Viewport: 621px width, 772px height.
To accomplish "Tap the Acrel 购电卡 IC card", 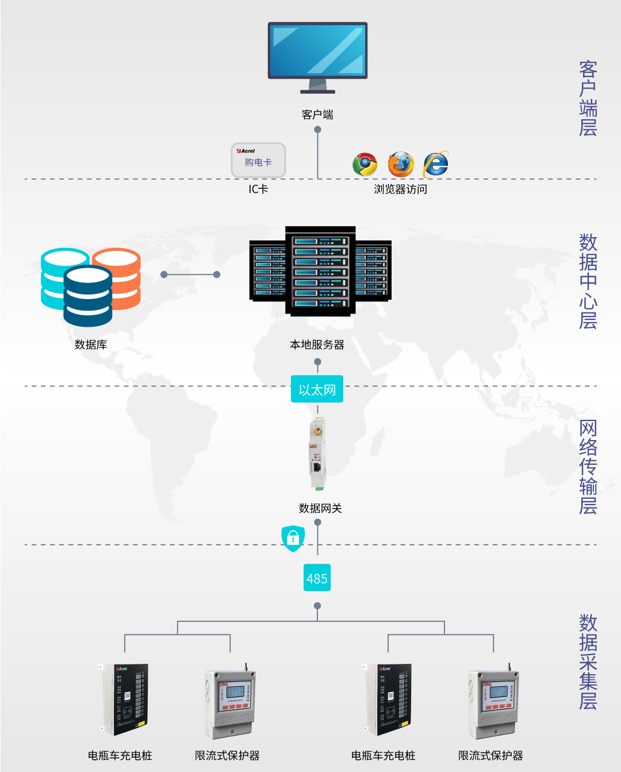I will [258, 160].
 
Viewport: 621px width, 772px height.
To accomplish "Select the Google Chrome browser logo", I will [365, 165].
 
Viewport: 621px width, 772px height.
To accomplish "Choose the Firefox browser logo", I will [401, 165].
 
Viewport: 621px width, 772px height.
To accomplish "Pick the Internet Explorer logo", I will [436, 165].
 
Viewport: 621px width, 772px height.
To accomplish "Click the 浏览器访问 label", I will [400, 189].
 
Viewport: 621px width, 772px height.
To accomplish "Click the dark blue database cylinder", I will [88, 297].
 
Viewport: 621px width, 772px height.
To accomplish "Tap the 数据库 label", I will [91, 345].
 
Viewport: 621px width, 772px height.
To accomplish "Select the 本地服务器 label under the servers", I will [317, 345].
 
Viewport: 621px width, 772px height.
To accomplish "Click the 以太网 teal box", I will [317, 389].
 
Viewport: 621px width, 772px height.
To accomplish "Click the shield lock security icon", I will [293, 538].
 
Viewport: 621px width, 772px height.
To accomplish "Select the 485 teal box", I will [317, 578].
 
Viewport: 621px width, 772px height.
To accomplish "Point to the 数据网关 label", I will [320, 508].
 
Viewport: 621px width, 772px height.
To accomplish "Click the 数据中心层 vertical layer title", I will [588, 281].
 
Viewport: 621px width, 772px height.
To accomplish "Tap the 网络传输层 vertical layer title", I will [588, 467].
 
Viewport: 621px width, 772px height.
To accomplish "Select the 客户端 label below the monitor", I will [317, 114].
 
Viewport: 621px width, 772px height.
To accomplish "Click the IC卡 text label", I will [258, 189].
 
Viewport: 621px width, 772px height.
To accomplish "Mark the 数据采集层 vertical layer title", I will [588, 662].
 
